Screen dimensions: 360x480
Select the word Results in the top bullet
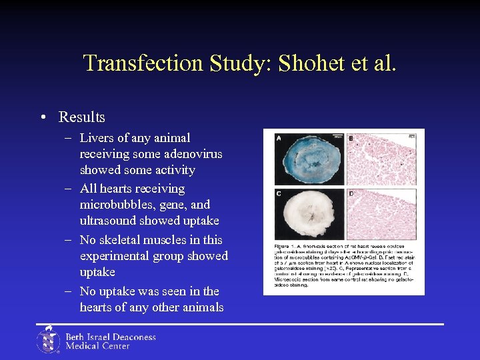click(82, 117)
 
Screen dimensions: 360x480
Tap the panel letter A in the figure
click(278, 139)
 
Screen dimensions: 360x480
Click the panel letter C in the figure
click(278, 194)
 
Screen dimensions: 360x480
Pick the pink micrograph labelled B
click(381, 159)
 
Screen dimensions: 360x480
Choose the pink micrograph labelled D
click(381, 215)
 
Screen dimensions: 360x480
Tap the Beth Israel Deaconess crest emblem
click(48, 339)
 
